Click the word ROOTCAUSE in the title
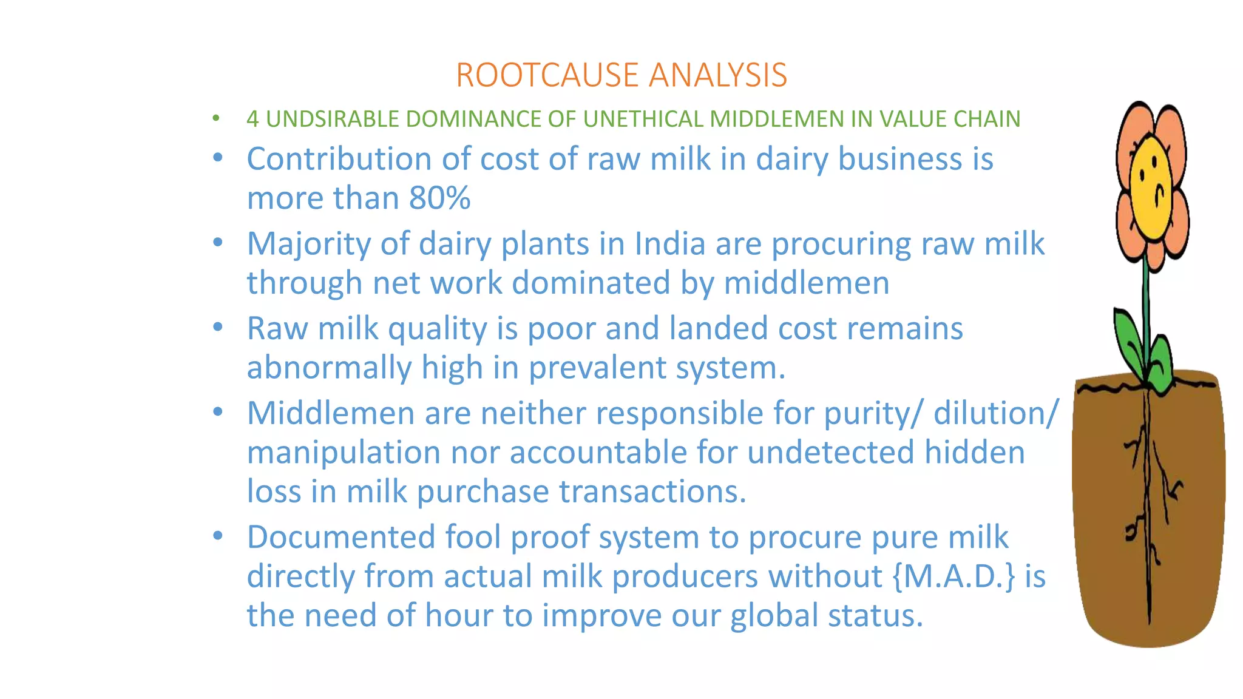[x=547, y=75]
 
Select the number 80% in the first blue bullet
[x=439, y=198]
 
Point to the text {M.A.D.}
[x=954, y=576]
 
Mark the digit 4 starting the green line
[x=252, y=119]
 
